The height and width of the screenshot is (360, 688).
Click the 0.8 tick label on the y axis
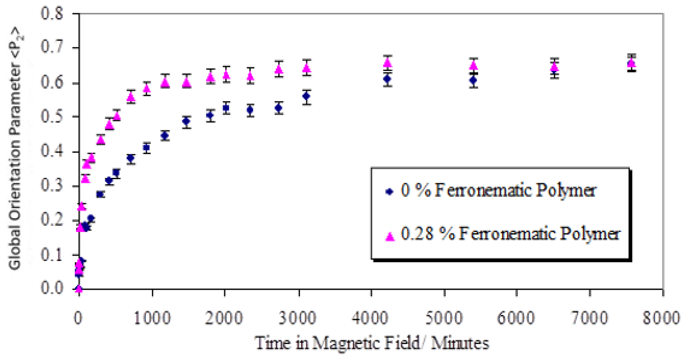52,14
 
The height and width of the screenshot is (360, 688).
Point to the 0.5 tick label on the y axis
52,117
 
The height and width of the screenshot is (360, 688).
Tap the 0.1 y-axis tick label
52,255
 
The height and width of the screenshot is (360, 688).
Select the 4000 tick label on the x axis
370,318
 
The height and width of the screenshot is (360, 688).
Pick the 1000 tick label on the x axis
152,318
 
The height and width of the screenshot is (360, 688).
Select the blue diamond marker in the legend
390,192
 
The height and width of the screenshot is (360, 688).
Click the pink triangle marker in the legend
390,237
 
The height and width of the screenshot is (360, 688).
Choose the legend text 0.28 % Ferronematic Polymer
511,234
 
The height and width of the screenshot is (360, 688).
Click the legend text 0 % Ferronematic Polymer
498,191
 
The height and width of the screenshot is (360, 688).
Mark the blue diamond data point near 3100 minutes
306,96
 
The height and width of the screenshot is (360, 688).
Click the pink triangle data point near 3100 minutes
306,68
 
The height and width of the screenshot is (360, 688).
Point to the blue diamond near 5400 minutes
473,80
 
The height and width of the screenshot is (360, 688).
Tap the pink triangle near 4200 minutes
388,62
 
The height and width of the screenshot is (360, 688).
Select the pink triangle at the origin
79,288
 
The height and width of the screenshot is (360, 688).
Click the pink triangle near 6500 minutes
554,67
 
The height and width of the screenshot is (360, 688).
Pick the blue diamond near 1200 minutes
165,136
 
